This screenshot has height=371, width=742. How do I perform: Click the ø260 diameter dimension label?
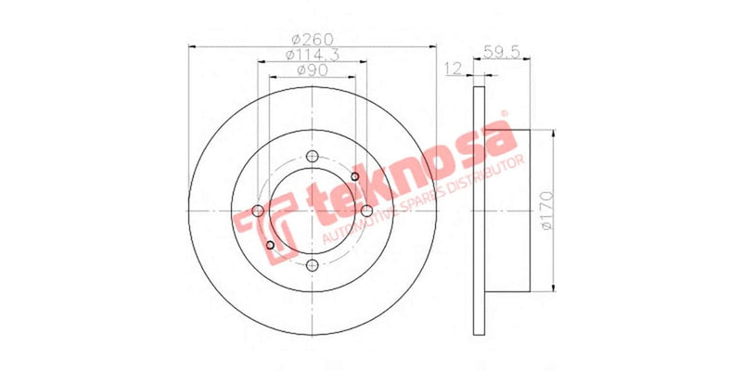click(x=311, y=38)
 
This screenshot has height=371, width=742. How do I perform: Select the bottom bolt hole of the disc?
click(x=312, y=265)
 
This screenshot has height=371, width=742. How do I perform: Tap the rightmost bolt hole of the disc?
click(x=365, y=211)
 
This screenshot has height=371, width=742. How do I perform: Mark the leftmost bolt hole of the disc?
click(x=258, y=211)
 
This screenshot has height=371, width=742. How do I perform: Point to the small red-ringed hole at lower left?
click(x=270, y=244)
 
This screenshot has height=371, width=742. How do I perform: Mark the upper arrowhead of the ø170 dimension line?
click(x=555, y=135)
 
